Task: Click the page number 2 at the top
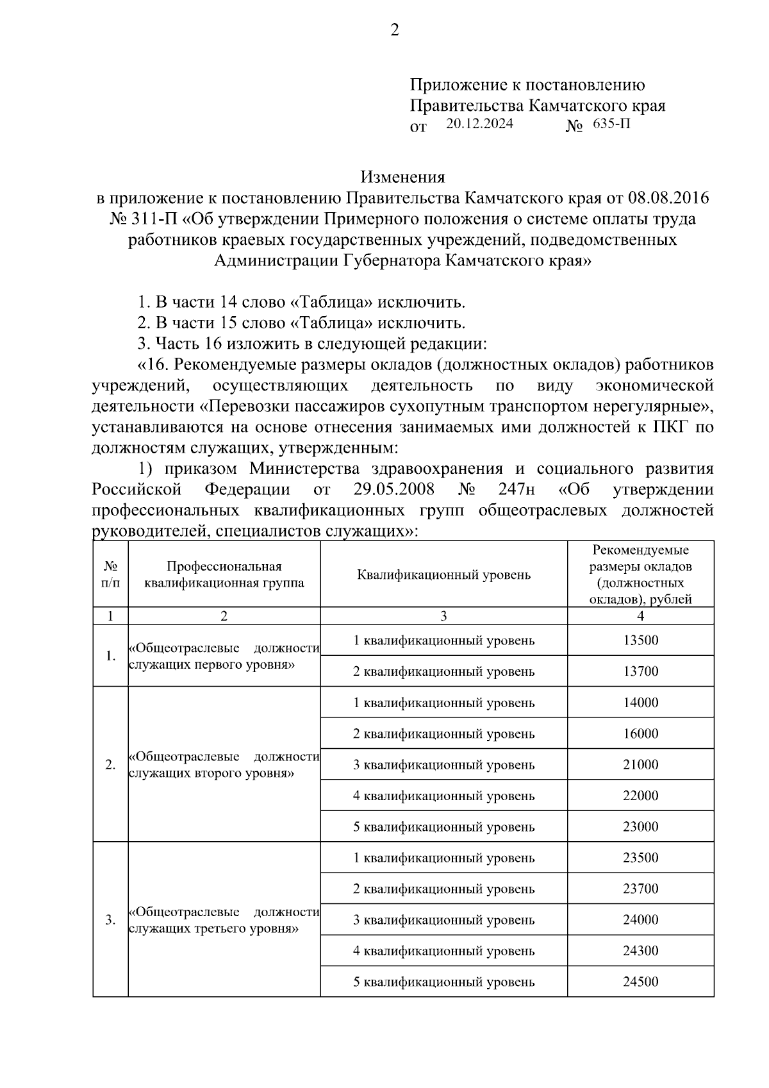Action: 394,30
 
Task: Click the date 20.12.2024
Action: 479,124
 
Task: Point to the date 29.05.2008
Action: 393,490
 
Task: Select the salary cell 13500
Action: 640,640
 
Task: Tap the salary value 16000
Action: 640,733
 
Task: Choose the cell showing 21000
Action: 640,765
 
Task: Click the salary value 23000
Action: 640,827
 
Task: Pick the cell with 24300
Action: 640,951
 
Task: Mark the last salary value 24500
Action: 640,982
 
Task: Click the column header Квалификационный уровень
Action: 443,574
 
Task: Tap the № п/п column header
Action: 110,574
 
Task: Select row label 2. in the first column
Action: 110,765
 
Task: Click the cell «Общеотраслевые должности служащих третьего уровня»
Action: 224,920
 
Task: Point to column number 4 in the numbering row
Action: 640,616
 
